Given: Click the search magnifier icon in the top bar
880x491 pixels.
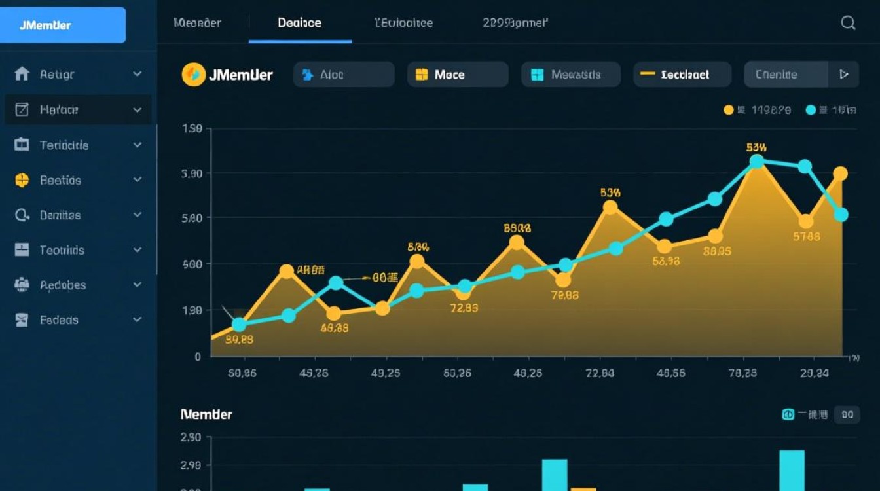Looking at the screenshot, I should click(848, 23).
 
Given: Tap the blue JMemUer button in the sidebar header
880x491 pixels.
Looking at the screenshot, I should click(63, 26).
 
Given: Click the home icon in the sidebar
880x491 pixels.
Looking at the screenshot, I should click(22, 74).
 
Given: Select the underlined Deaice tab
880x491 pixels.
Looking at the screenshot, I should click(299, 23).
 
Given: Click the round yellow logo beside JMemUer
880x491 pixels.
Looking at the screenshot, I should click(193, 75).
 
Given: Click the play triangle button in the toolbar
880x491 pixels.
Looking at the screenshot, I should click(844, 75).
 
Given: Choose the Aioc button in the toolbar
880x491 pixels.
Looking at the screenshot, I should click(344, 75).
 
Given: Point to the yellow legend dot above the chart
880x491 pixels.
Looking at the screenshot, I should click(728, 110).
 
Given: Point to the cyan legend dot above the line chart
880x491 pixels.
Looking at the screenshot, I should click(811, 110).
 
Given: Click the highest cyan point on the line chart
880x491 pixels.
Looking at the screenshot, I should click(757, 161).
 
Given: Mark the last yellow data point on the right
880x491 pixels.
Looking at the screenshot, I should click(841, 173).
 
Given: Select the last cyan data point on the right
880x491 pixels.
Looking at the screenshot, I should click(841, 215).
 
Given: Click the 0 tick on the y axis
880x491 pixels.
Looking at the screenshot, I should click(198, 357).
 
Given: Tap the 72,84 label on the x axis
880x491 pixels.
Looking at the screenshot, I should click(599, 373).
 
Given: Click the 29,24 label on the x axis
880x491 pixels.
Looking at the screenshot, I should click(814, 373).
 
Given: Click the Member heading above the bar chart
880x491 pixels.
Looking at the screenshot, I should click(206, 414).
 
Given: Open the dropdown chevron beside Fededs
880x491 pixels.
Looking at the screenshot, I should click(137, 320).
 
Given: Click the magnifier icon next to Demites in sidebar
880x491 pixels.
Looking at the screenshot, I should click(22, 215).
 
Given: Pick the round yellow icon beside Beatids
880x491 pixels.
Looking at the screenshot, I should click(22, 180).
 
